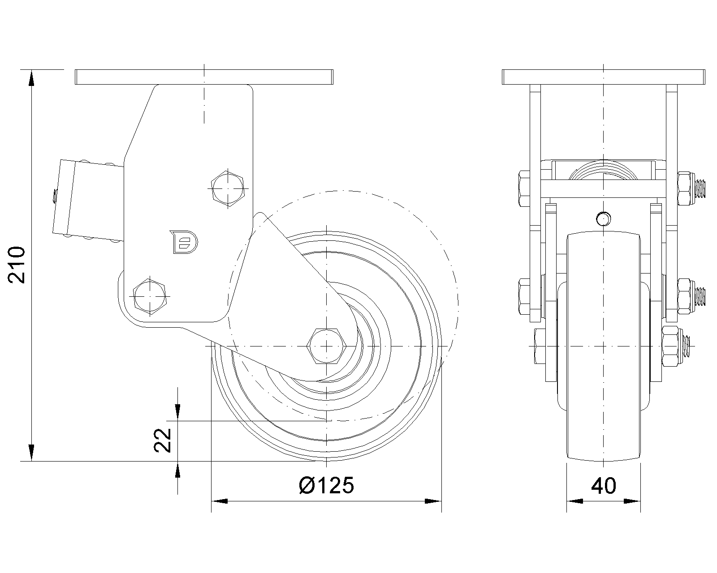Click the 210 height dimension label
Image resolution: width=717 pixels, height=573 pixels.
pos(17,265)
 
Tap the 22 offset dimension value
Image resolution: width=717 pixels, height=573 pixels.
pos(163,440)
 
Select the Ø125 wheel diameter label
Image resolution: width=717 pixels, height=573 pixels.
pos(326,485)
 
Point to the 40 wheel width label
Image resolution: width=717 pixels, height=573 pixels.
pos(603,486)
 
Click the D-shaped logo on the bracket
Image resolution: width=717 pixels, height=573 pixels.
pos(184,242)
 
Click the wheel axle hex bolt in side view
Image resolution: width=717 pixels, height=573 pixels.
pos(327,346)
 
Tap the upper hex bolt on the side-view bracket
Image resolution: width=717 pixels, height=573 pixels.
pos(228,188)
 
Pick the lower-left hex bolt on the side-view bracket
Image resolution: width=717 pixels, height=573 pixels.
pos(150,296)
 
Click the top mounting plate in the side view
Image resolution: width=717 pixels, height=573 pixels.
pos(204,77)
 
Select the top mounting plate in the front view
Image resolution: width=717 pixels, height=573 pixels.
pos(603,77)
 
